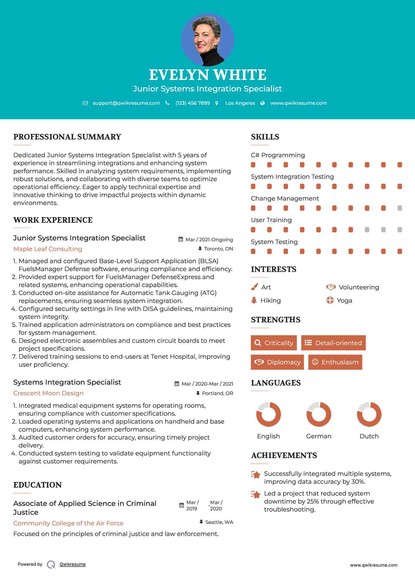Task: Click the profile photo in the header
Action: click(x=207, y=40)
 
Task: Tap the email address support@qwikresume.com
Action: click(x=126, y=103)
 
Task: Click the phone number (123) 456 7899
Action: click(x=193, y=103)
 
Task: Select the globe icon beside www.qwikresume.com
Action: click(x=263, y=103)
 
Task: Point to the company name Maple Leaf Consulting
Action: click(x=48, y=249)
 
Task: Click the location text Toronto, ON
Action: click(x=218, y=249)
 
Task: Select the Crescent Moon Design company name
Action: click(x=48, y=393)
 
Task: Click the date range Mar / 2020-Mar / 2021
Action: click(x=207, y=384)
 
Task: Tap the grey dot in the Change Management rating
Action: click(x=400, y=208)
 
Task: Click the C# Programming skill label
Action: click(x=278, y=155)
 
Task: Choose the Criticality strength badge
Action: click(x=274, y=343)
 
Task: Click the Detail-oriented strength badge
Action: click(x=333, y=343)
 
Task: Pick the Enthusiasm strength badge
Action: click(x=335, y=362)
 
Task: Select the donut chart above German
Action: click(x=319, y=414)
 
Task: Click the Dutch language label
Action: click(x=369, y=436)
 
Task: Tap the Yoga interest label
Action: click(x=345, y=300)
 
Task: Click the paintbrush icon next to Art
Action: click(x=254, y=287)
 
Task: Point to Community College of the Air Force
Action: click(x=68, y=523)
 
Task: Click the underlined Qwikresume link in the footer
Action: click(x=73, y=564)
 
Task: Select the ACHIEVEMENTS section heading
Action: click(x=284, y=455)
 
